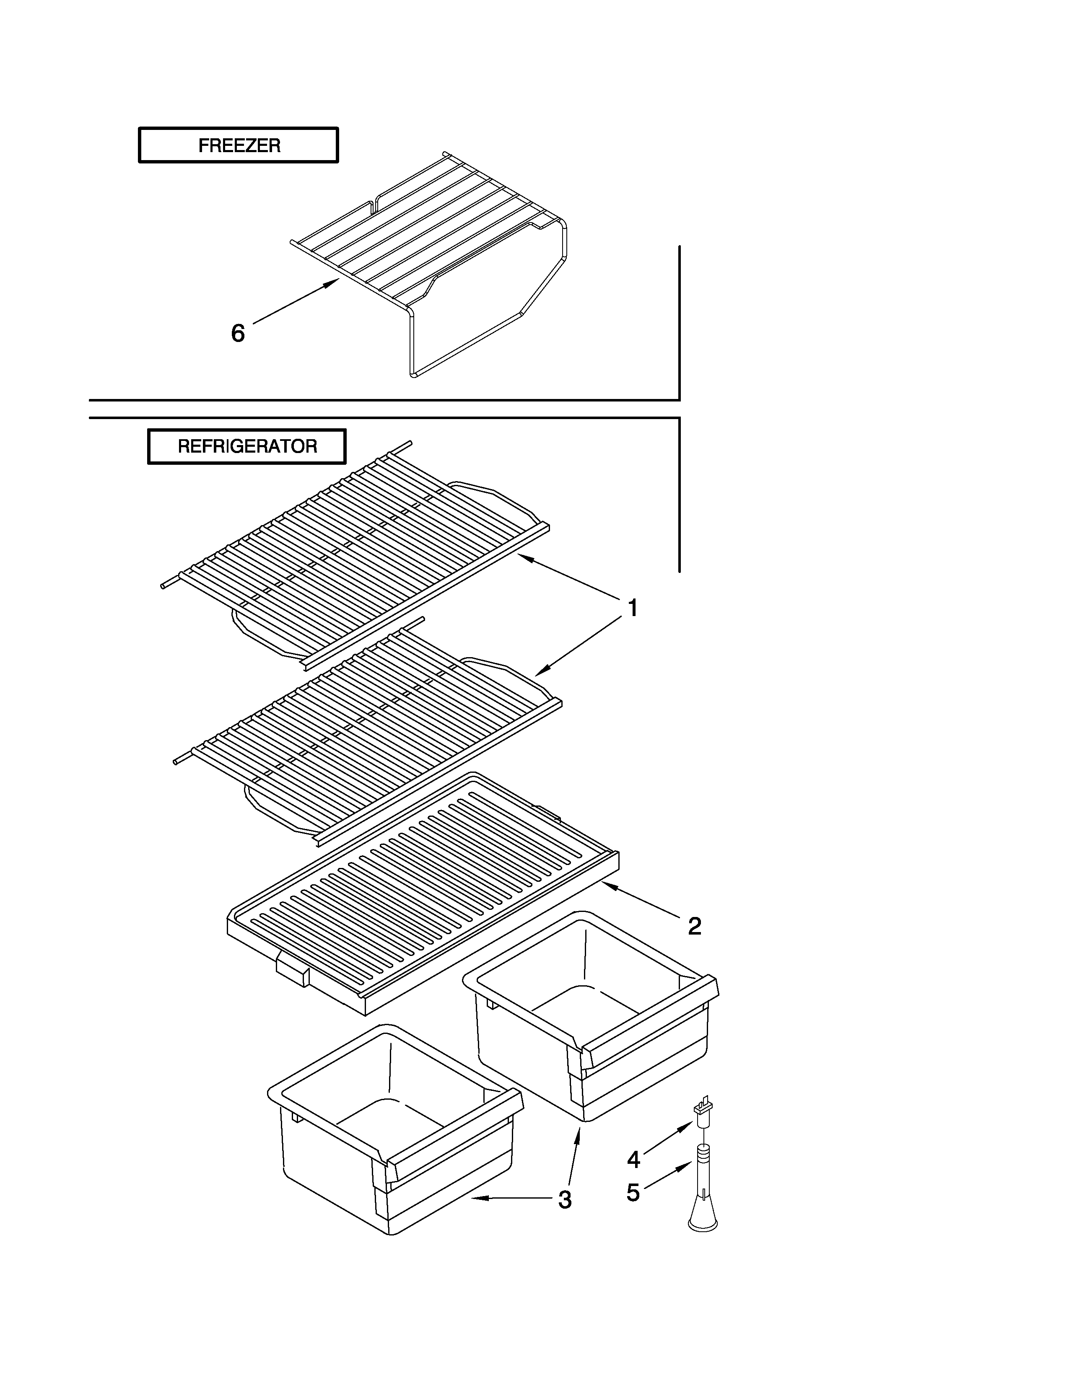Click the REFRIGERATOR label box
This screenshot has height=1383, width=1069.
[x=247, y=446]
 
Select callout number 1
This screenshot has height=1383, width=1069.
[x=632, y=608]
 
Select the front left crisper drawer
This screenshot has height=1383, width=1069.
[x=393, y=1134]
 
